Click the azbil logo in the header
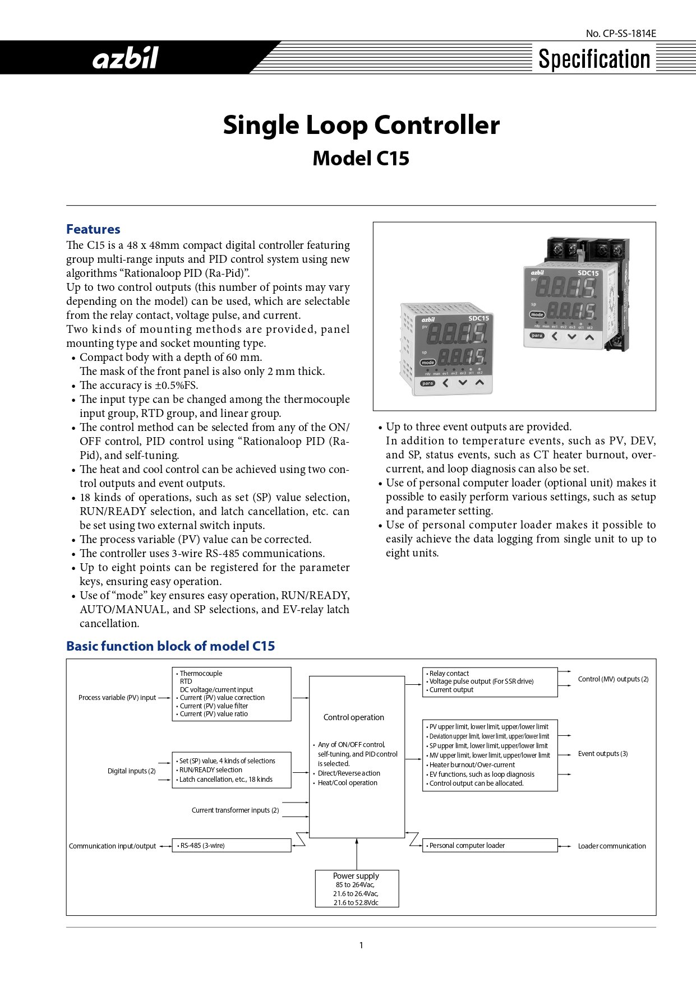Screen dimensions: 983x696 coord(126,58)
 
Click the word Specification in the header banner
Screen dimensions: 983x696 coord(594,59)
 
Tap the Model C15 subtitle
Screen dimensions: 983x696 coord(361,159)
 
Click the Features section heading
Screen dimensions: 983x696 coord(93,229)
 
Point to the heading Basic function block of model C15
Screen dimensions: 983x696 coord(170,646)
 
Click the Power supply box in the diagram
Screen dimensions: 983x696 coord(357,888)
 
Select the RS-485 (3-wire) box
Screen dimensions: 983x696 coord(232,846)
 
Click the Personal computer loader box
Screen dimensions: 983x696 coord(490,846)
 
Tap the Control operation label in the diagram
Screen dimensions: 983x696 coord(354,717)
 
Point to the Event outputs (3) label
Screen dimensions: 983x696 coord(603,754)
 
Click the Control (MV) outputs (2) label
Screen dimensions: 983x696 coord(613,679)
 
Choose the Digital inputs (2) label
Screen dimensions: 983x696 coord(132,771)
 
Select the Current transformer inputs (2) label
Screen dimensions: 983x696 coord(235,810)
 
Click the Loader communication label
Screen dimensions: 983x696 coord(612,846)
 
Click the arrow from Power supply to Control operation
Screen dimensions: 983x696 coord(357,854)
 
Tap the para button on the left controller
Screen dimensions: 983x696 coord(427,383)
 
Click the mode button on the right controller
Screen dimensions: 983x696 coord(537,315)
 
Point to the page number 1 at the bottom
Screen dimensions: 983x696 coord(361,945)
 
